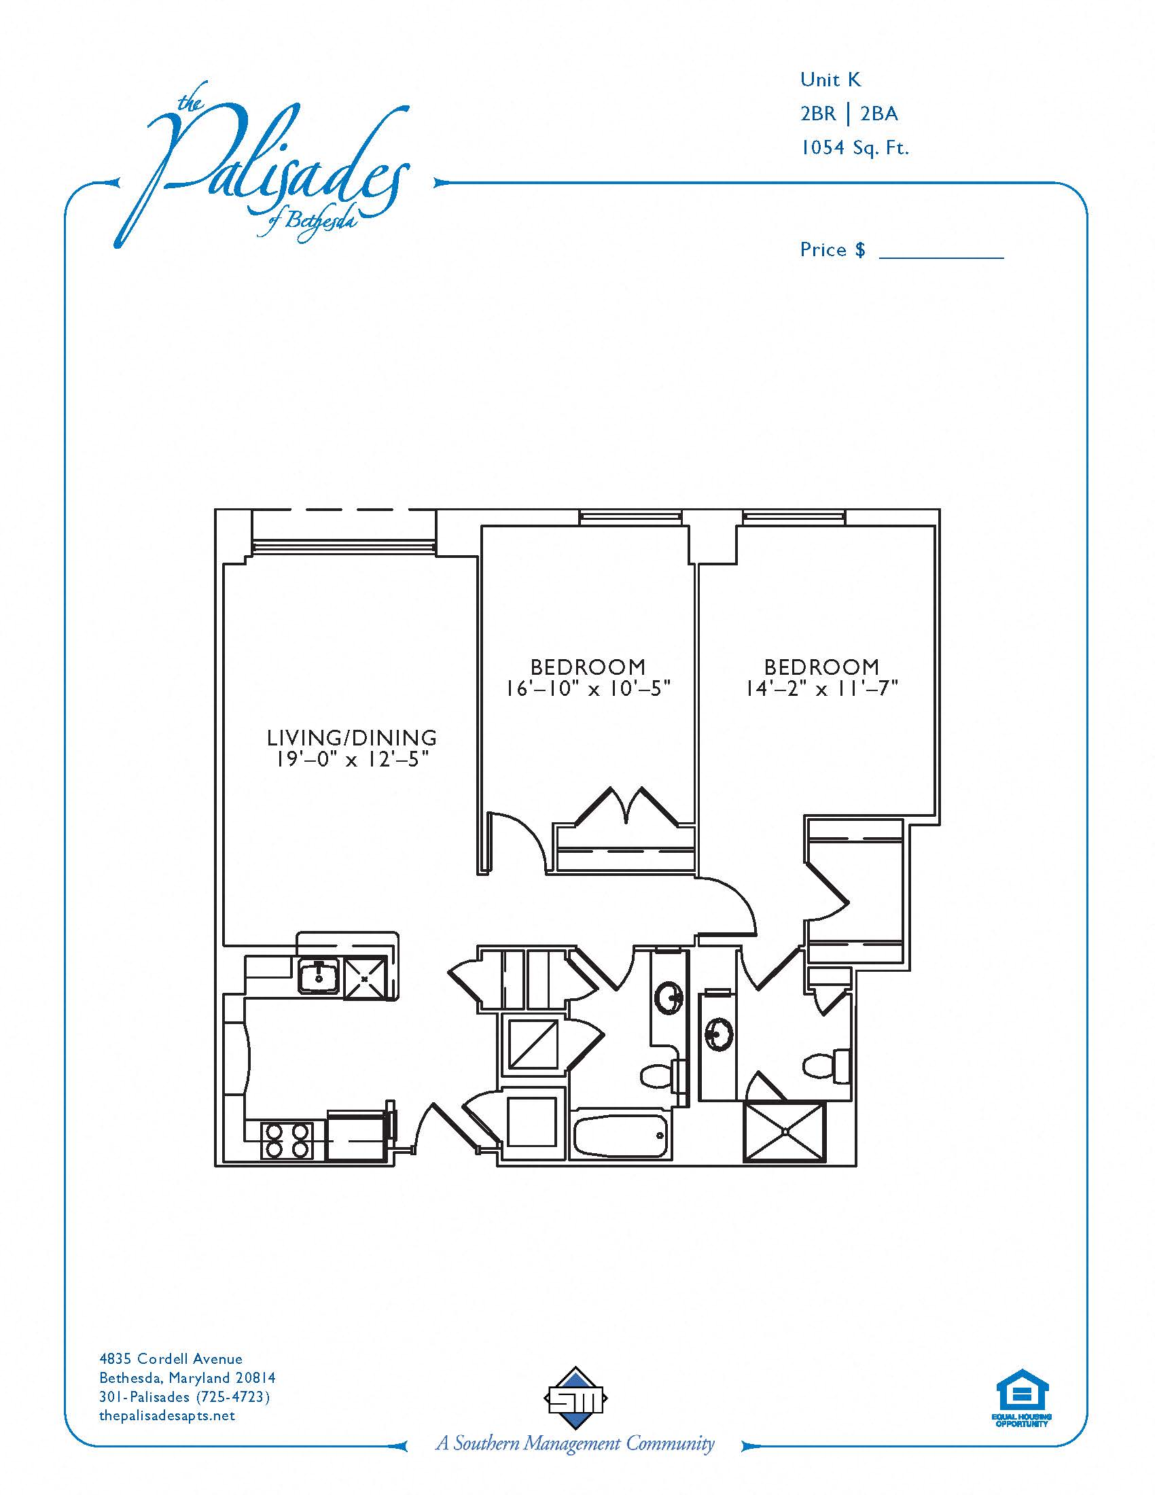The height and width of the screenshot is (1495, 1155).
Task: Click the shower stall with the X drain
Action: point(784,1131)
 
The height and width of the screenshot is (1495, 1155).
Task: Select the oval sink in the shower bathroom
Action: point(719,1034)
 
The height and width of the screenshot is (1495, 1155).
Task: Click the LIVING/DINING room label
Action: point(352,737)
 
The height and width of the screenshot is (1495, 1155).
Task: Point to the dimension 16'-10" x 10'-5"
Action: point(588,688)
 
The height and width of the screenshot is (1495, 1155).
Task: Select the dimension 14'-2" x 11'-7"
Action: point(821,688)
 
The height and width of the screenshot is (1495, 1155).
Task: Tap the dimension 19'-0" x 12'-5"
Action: point(352,759)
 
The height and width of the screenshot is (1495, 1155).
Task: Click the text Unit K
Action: point(831,80)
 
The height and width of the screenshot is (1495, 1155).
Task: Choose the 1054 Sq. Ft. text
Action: point(855,147)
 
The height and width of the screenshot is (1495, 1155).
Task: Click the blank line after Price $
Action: point(941,257)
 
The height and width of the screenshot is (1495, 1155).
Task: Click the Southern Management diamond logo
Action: point(575,1399)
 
